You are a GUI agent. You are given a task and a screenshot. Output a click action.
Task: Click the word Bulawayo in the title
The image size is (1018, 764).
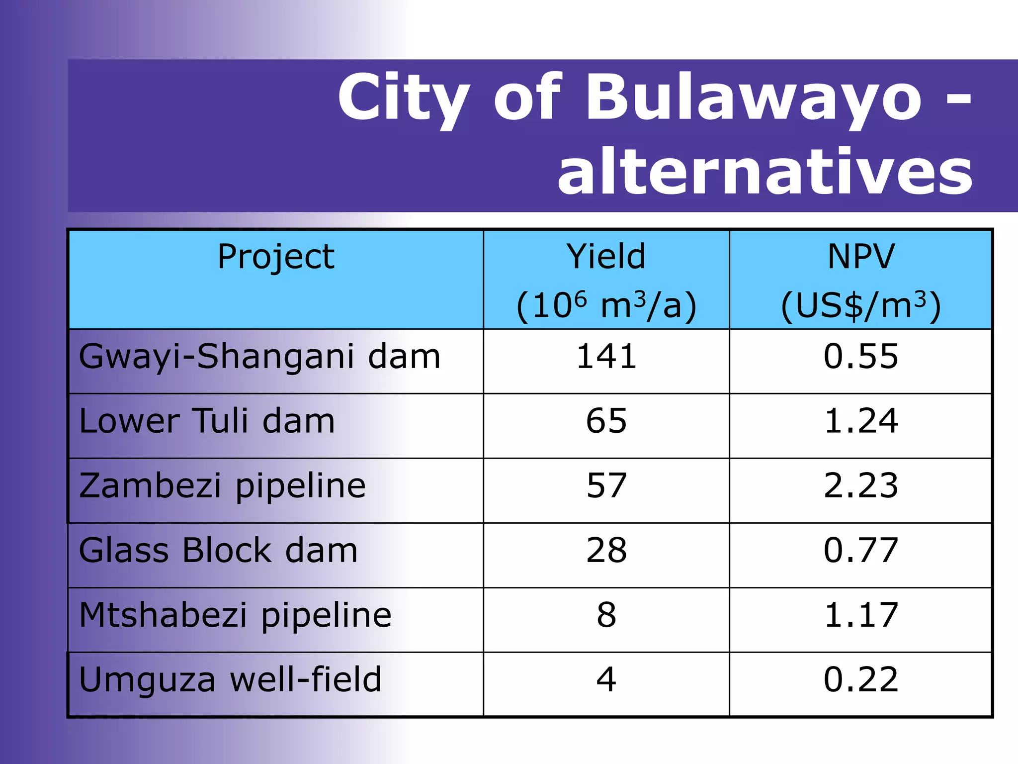click(x=754, y=98)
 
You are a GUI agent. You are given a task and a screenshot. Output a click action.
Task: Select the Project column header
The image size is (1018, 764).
click(x=276, y=257)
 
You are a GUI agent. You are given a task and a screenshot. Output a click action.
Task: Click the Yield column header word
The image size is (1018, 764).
click(x=606, y=257)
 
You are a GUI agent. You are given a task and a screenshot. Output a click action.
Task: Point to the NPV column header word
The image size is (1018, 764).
click(x=860, y=257)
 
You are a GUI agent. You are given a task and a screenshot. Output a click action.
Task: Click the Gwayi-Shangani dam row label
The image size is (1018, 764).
click(x=259, y=357)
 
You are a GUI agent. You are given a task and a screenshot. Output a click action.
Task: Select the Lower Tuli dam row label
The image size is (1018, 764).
click(x=207, y=421)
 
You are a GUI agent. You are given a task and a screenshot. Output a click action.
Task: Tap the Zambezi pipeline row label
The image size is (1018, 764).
click(x=222, y=486)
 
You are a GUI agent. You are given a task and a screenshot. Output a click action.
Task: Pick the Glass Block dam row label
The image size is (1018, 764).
click(x=218, y=551)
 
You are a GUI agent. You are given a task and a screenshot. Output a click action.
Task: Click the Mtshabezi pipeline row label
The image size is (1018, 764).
click(x=235, y=615)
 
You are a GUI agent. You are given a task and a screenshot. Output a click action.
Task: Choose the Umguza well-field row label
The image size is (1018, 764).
click(x=230, y=680)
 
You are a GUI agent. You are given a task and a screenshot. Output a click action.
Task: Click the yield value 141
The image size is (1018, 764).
click(x=606, y=357)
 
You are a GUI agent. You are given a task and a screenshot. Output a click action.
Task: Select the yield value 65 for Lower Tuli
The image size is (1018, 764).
click(x=606, y=421)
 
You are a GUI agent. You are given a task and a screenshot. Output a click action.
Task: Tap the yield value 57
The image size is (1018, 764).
click(x=606, y=486)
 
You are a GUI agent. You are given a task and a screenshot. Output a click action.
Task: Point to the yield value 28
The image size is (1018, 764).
click(x=606, y=551)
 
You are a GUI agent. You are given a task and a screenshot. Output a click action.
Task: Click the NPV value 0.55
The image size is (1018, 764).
click(x=860, y=357)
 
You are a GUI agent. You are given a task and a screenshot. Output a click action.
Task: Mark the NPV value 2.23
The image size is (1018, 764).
click(x=860, y=486)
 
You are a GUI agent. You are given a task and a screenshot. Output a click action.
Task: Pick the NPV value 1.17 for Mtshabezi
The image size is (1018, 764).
click(x=860, y=615)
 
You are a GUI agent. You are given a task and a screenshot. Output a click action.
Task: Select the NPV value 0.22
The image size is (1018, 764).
click(x=860, y=680)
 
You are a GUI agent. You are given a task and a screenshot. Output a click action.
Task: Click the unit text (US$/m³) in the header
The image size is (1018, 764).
click(x=860, y=305)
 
